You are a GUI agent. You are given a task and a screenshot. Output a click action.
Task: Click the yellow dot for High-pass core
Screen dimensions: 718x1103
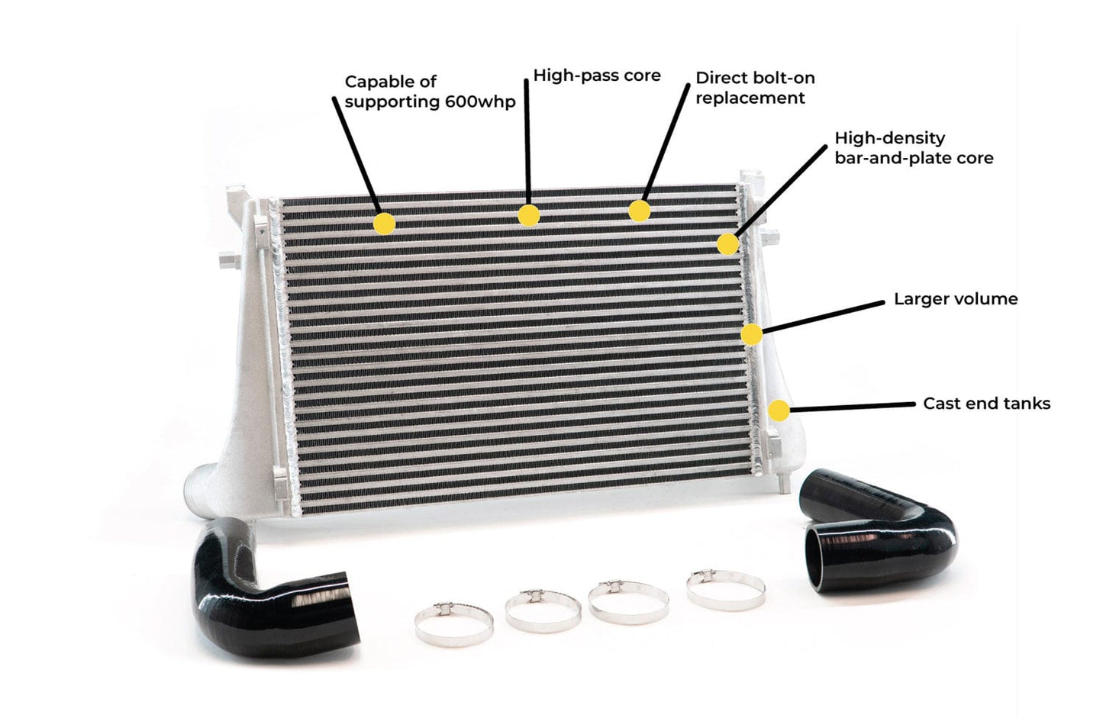coord(528,216)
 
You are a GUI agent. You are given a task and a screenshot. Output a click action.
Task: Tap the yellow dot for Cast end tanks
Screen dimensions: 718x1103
coord(779,411)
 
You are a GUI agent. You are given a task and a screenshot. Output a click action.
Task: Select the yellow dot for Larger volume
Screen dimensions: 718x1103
coord(751,334)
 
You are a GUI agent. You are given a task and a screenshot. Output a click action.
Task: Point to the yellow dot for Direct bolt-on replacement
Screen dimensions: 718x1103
coord(639,211)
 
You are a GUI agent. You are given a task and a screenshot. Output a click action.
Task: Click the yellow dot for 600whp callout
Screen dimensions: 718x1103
coord(384,224)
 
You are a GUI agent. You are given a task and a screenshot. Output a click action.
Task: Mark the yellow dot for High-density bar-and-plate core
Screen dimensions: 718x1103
coord(727,244)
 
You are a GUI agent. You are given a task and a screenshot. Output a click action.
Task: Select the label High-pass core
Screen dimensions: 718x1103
coord(596,76)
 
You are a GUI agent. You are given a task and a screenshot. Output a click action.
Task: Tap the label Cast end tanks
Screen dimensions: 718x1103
coord(986,404)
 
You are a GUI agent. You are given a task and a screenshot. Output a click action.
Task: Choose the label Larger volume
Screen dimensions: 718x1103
coord(956,299)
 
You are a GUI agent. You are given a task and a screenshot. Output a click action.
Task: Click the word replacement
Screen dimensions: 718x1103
coord(750,98)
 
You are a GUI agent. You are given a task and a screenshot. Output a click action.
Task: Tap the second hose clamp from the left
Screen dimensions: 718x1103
coord(543,611)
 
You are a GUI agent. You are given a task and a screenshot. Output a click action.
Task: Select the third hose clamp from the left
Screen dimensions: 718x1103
coord(628,602)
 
